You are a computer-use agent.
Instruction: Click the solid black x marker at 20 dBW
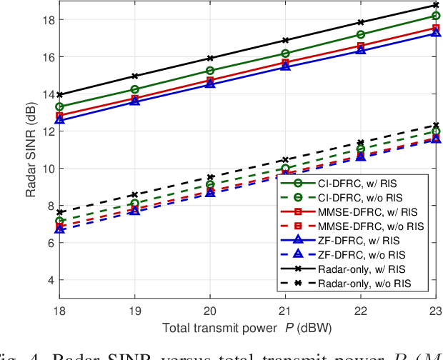[x=209, y=58]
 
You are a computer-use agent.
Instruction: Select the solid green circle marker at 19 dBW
[x=135, y=90]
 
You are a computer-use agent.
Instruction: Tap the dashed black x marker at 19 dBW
[x=135, y=194]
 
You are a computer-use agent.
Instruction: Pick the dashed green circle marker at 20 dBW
[x=209, y=184]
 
